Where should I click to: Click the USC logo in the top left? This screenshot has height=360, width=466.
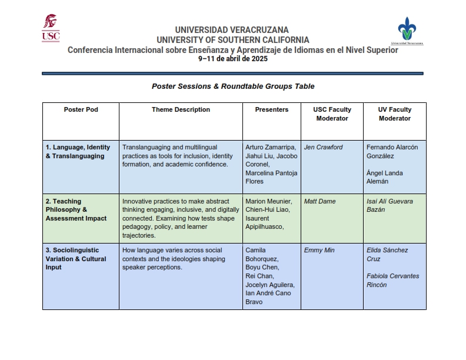tap(51, 28)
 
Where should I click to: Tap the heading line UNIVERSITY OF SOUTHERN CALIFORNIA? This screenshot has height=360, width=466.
tap(232, 40)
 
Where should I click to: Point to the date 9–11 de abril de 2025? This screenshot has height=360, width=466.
tap(232, 59)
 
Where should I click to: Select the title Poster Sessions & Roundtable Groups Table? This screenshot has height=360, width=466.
tap(233, 86)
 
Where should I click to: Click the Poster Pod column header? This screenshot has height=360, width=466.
tap(81, 109)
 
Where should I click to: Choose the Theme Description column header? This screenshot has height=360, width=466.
tap(181, 109)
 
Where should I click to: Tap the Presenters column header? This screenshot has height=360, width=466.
tap(272, 109)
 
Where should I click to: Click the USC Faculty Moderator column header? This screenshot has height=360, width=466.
tap(332, 114)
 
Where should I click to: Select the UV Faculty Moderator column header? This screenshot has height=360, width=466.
tap(394, 114)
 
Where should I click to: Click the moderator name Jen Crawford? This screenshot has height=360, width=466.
tap(324, 147)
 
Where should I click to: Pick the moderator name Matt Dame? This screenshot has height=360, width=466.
tap(319, 201)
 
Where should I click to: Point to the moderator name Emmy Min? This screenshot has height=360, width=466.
tap(319, 250)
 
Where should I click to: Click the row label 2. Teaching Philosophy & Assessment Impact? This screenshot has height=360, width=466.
tap(76, 210)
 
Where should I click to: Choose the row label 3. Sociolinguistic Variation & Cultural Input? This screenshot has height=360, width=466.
tap(76, 259)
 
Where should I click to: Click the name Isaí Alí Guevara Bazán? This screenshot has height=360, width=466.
tap(390, 205)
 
